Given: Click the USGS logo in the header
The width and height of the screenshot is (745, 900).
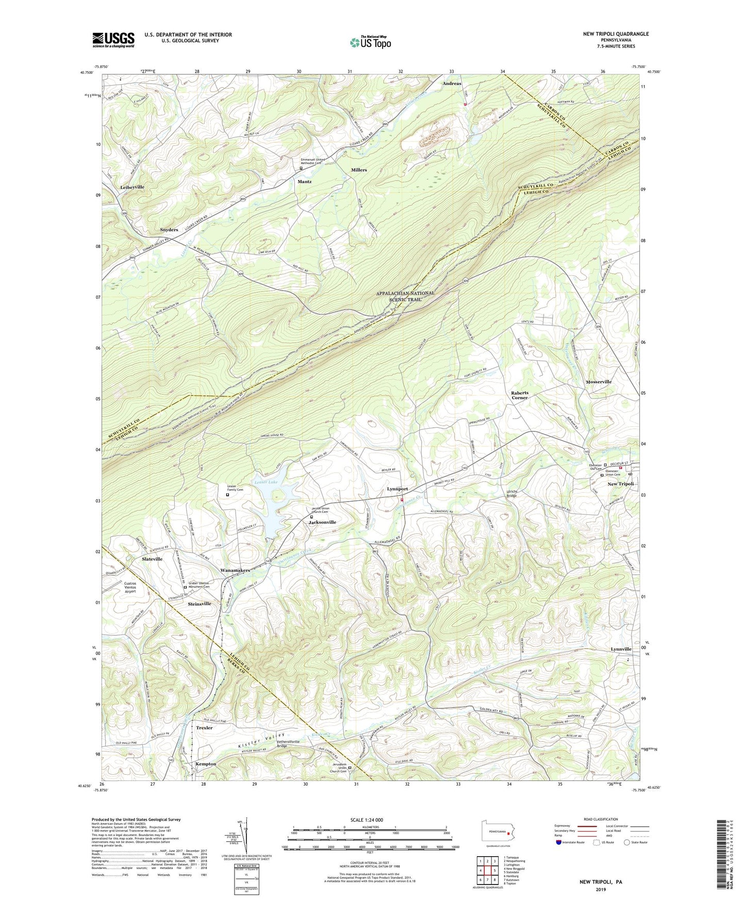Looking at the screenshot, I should [x=113, y=40].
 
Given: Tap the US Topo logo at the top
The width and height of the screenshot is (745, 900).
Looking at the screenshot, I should [x=370, y=42].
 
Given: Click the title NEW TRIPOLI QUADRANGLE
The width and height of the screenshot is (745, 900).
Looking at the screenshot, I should [x=616, y=34].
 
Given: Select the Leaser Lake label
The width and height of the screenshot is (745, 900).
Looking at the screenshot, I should [x=266, y=482].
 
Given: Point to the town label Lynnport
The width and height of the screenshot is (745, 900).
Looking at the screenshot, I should [x=398, y=489].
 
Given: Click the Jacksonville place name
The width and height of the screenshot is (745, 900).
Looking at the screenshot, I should [x=322, y=522].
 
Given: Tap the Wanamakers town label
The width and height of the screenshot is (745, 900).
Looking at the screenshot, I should [x=235, y=571].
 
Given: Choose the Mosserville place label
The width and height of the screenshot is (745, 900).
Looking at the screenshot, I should [x=599, y=382].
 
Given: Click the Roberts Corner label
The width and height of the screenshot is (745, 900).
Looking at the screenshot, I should [x=520, y=395].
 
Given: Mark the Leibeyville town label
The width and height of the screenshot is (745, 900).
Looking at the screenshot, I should [x=132, y=187].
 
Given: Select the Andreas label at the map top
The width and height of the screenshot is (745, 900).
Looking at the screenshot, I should [x=452, y=84].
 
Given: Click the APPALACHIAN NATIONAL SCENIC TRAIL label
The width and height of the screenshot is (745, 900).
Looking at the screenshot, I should [x=405, y=296].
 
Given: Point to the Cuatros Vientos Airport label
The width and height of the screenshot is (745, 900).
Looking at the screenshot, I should [x=123, y=587].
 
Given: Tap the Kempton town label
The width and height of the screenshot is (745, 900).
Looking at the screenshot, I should [x=206, y=764].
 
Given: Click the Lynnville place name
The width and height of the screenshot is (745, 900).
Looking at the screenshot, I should [x=621, y=649].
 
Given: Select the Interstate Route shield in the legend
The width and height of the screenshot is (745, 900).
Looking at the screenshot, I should [x=559, y=843].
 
